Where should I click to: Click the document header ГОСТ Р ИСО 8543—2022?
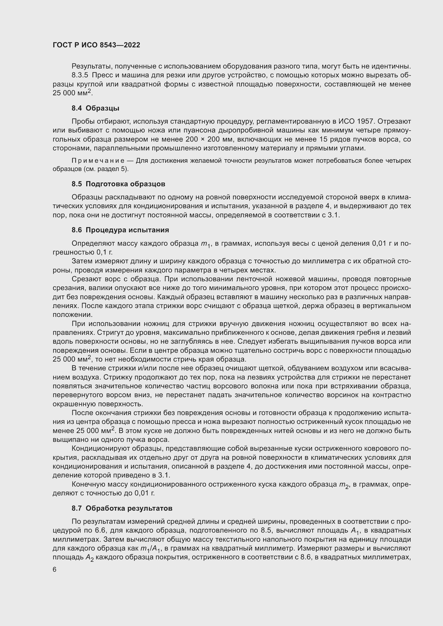coord(96,45)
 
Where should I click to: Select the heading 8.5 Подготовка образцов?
coord(118,184)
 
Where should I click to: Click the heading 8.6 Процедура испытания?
coord(120,230)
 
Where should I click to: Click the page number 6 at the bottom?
coord(55,570)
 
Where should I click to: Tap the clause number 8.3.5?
coord(80,75)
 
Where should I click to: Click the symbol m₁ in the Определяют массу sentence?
coord(205,244)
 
